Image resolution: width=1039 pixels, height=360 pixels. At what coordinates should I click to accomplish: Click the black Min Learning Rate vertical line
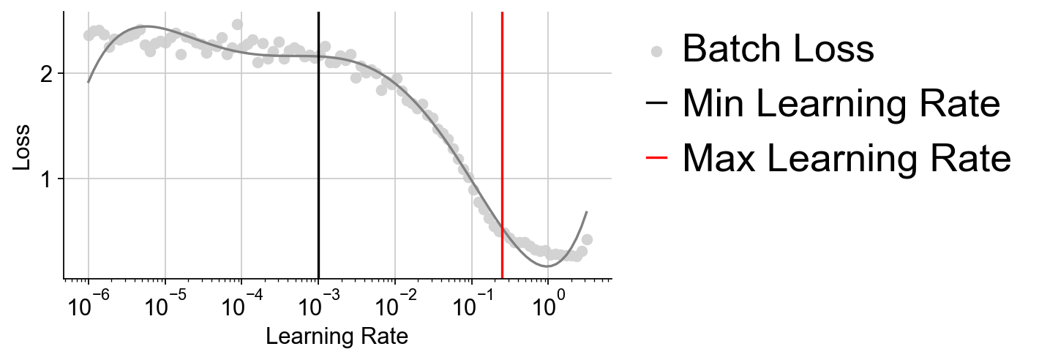318,146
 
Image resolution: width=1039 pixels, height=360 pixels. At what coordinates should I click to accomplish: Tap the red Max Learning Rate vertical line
502,146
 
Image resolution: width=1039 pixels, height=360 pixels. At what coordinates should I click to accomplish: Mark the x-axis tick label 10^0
547,305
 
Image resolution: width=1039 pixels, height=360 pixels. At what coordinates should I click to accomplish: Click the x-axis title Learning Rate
337,337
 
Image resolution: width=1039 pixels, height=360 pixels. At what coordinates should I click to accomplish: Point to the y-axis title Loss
22,146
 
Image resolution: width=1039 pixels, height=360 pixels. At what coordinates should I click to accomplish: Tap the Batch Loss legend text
778,50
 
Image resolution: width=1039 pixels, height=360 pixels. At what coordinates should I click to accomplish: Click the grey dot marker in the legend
657,51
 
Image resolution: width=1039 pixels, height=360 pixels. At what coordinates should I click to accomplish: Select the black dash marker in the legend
657,103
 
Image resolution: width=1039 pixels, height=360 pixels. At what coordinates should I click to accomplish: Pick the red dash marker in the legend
657,157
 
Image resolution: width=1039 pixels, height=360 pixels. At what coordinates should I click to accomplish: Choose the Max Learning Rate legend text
847,157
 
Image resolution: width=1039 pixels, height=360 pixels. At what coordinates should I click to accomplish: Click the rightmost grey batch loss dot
587,239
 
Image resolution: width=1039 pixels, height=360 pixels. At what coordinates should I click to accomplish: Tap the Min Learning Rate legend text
841,104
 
